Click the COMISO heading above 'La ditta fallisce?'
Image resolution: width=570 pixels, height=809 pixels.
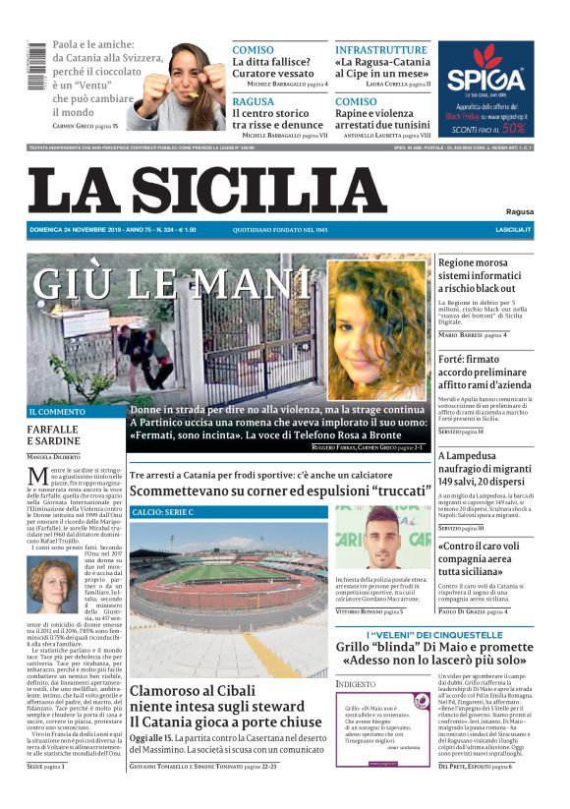[x=253, y=49]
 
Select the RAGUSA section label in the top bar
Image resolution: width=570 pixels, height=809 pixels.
[x=254, y=101]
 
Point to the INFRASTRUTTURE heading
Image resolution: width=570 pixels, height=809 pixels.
[x=381, y=49]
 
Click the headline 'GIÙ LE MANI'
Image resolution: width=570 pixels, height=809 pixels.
[x=157, y=283]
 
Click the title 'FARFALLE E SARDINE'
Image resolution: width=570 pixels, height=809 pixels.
[x=53, y=435]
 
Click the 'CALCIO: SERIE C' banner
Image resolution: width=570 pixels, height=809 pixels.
[x=163, y=512]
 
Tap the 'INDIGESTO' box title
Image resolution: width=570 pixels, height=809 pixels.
[x=356, y=683]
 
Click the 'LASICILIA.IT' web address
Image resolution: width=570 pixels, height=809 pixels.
[x=513, y=230]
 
